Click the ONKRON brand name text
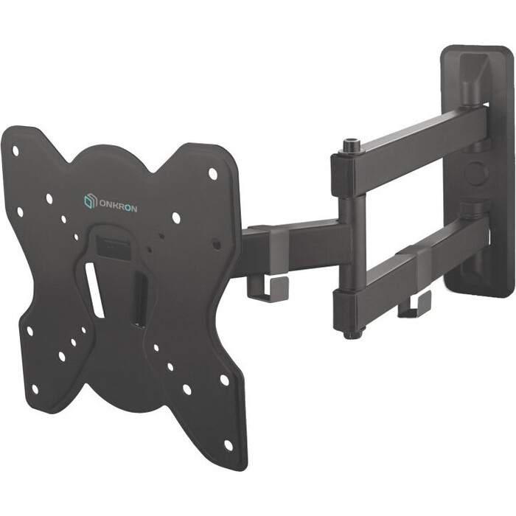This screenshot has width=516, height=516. point(117,206)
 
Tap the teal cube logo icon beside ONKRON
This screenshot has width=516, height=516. point(90,201)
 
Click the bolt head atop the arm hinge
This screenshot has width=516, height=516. point(352,145)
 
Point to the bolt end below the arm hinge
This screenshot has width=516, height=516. point(353,333)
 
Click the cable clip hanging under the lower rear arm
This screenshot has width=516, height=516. point(414,305)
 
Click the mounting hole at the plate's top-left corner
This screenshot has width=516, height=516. point(15,150)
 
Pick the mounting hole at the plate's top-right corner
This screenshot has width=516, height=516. point(212,173)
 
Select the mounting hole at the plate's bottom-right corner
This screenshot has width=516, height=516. point(228,445)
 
